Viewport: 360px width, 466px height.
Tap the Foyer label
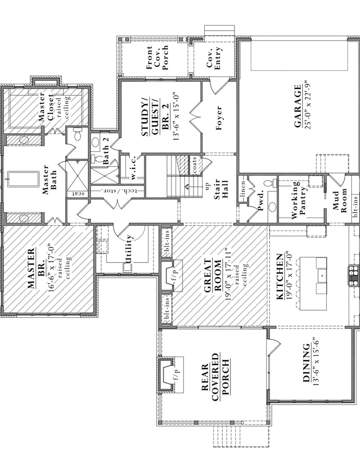pos(219,118)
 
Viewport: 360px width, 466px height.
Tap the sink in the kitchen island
pos(322,274)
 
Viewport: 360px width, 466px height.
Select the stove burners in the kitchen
pos(354,275)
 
